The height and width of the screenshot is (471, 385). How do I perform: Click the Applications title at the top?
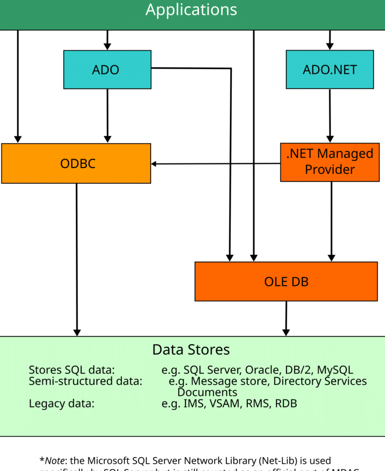192,10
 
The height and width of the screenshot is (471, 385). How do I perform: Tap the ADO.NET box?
330,69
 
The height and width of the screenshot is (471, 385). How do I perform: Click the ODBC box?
76,163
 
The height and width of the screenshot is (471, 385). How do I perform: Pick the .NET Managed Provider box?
330,162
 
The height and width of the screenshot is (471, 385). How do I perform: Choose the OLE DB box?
286,281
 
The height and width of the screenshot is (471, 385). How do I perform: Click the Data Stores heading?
191,350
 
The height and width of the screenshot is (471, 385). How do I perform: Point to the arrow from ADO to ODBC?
107,115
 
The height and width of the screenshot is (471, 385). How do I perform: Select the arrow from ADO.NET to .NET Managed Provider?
330,115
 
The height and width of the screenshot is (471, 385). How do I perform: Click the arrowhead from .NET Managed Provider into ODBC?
155,164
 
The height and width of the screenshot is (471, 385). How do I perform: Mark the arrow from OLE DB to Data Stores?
286,319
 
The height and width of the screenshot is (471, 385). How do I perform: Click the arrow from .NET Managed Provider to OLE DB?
330,221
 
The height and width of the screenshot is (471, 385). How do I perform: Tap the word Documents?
207,392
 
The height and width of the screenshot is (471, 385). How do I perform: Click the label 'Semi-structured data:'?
86,381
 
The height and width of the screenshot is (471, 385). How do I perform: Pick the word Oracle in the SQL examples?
262,370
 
